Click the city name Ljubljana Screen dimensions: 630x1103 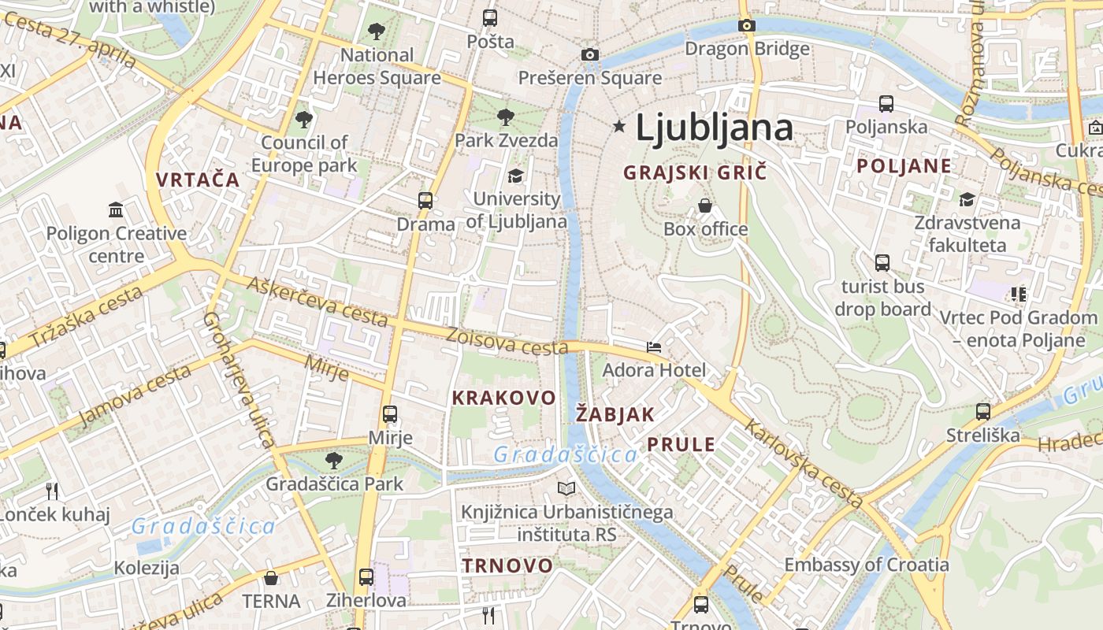coord(714,128)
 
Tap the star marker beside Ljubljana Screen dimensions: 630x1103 coord(619,126)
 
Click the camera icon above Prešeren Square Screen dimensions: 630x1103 coord(589,54)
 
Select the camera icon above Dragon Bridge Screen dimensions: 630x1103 coord(747,25)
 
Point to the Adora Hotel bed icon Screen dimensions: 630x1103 coord(654,346)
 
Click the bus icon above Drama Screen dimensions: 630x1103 coord(425,200)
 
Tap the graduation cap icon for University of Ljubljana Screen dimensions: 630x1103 coord(516,175)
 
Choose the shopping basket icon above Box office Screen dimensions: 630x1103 coord(705,206)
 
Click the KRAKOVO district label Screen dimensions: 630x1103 coord(503,398)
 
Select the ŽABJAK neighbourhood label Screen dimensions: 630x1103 coord(615,414)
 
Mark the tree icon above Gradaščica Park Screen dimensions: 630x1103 coord(334,460)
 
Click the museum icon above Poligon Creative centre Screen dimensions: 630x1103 coord(116,209)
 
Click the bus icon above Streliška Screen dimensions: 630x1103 coord(982,411)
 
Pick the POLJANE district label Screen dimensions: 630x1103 coord(904,166)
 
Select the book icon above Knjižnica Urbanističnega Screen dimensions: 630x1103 coord(566,488)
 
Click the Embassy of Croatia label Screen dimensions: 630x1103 coord(866,565)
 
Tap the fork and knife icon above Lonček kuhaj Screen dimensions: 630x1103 coord(52,491)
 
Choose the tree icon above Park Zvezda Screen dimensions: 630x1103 coord(506,117)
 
